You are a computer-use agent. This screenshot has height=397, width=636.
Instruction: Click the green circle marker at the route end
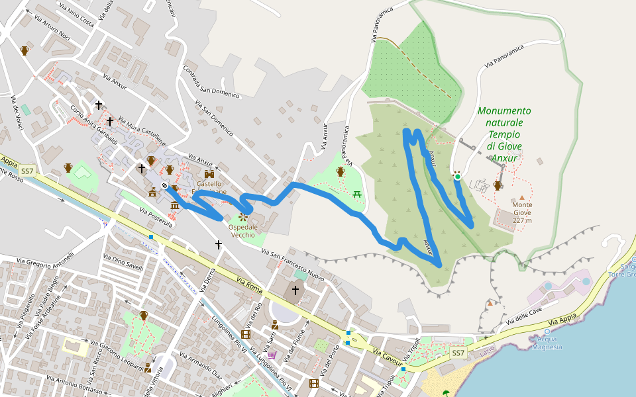(x=457, y=176)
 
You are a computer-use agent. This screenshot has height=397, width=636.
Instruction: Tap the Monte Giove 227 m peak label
(x=522, y=212)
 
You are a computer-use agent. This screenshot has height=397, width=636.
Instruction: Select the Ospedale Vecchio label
(x=242, y=231)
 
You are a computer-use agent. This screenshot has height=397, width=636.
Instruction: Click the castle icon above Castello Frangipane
(x=209, y=174)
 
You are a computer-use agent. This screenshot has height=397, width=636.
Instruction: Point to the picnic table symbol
(x=358, y=193)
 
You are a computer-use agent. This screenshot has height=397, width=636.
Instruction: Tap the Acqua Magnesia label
(x=547, y=343)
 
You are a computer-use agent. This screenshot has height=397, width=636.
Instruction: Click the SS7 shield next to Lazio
(x=458, y=353)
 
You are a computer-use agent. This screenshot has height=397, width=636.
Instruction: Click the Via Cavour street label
(x=388, y=357)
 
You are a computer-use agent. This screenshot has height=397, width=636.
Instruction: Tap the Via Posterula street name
(x=156, y=218)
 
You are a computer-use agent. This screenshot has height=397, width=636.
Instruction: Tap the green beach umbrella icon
(x=446, y=393)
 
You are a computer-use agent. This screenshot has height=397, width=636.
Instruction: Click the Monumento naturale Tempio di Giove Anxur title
(x=504, y=134)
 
